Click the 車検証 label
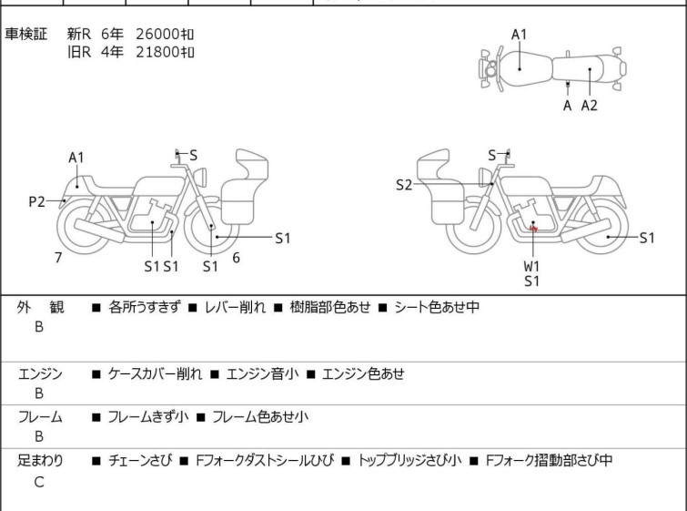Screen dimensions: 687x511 point(25,34)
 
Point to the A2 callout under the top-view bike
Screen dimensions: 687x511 point(590,106)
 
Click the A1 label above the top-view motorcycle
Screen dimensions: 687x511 point(520,35)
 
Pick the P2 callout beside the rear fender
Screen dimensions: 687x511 point(36,202)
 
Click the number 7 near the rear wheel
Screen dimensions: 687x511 point(58,258)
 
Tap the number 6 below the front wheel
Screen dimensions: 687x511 point(237,258)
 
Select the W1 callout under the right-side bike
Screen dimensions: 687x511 point(531,266)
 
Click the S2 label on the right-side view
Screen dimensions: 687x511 point(404,185)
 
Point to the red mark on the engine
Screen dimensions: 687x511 point(533,229)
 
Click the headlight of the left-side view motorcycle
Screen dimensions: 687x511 point(200,177)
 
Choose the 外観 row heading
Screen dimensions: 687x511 point(40,307)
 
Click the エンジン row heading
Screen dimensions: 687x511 point(40,373)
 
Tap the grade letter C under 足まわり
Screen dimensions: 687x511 point(39,482)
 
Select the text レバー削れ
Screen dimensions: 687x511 point(235,307)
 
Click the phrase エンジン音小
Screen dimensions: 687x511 point(262,373)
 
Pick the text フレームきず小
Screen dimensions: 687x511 point(148,416)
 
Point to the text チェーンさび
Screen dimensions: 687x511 point(140,460)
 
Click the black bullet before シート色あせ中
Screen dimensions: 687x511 point(382,308)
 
